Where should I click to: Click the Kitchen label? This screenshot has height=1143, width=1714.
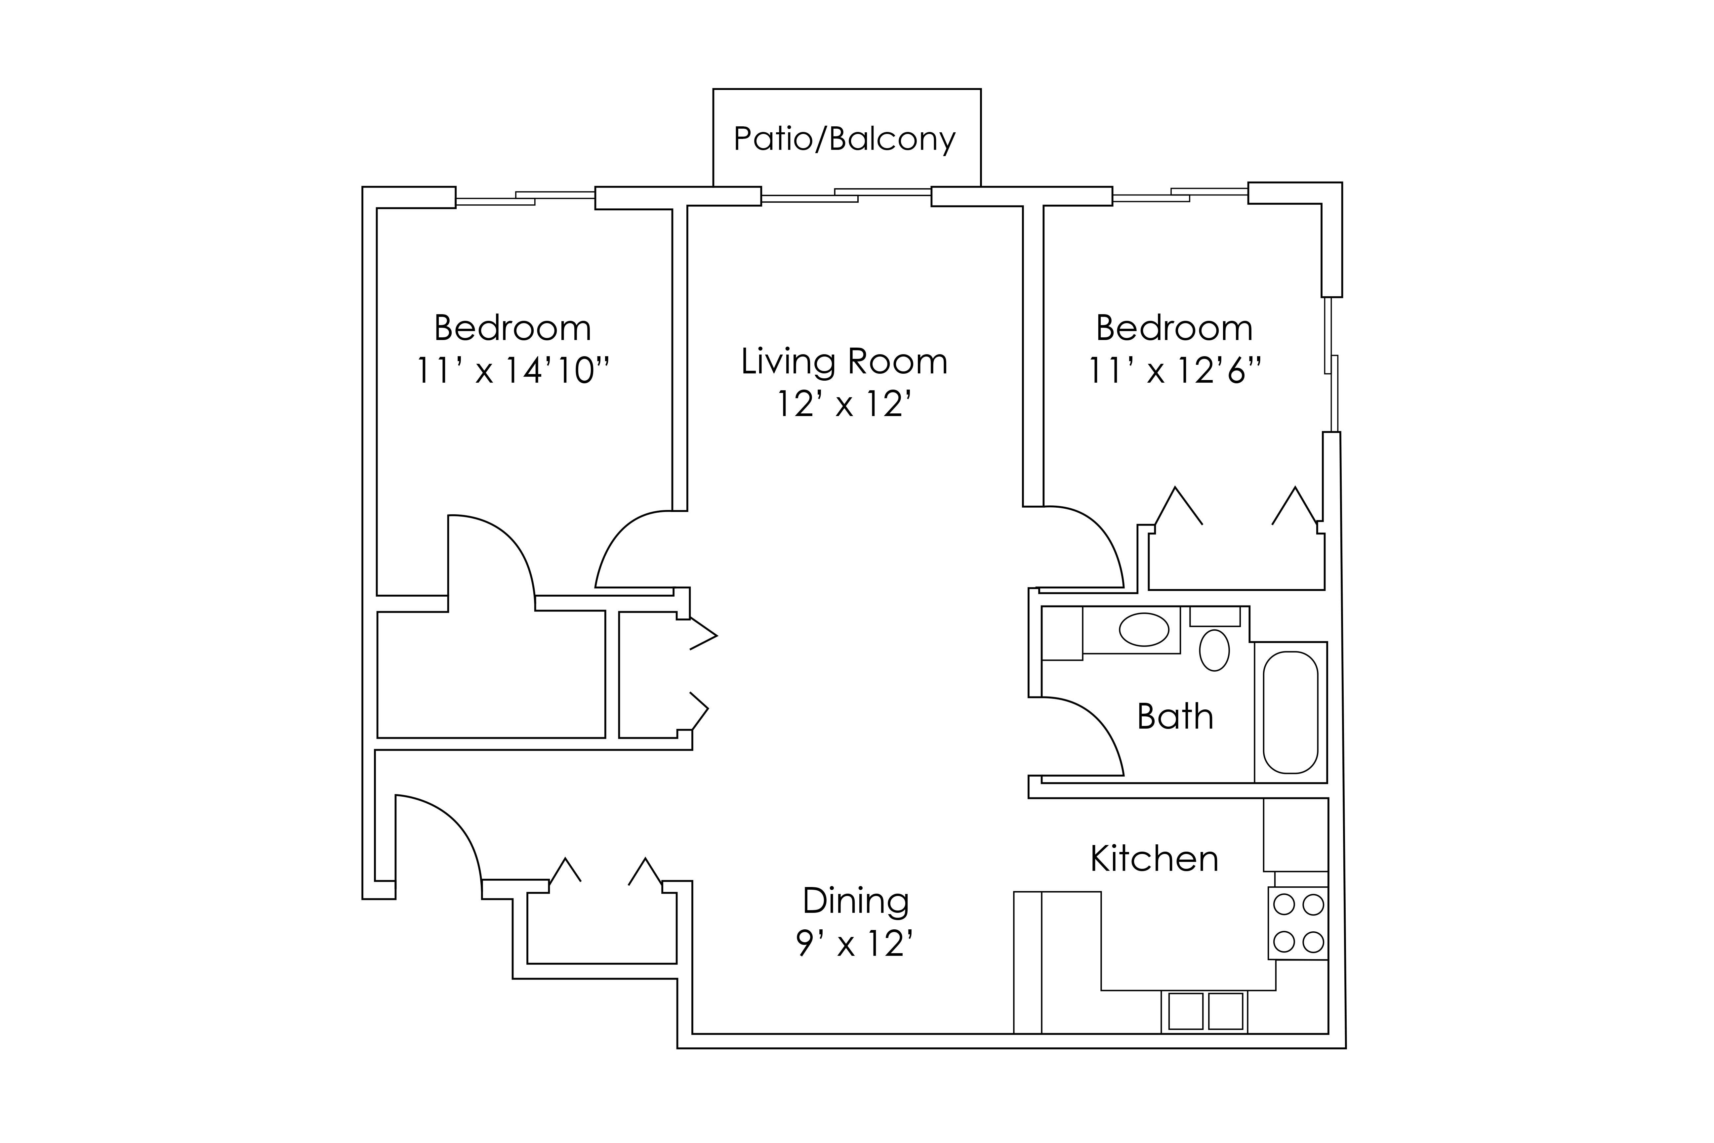point(1154,859)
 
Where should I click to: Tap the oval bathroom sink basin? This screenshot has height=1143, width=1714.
point(1144,630)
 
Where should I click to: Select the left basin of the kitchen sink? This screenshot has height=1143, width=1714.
point(1186,1011)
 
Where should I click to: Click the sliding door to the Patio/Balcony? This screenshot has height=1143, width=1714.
point(846,195)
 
